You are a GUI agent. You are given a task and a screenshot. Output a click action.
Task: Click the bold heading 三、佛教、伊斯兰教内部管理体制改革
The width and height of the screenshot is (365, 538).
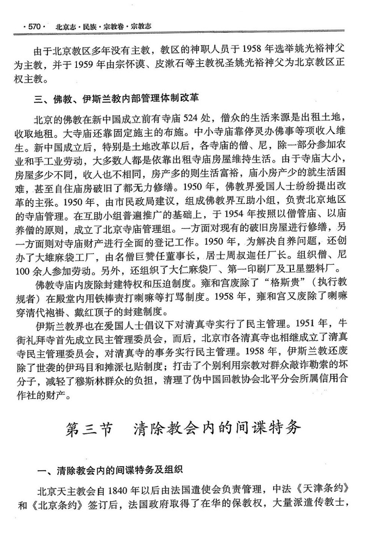(x=116, y=99)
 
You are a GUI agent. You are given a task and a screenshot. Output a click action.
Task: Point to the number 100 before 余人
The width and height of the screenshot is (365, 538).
(x=23, y=271)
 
